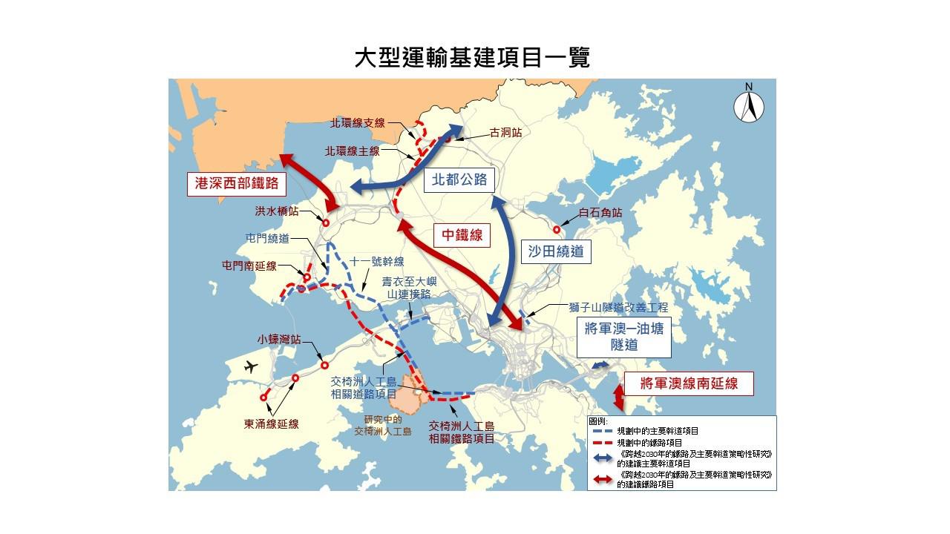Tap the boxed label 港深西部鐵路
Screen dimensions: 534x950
click(232, 185)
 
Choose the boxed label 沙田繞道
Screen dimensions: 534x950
click(557, 251)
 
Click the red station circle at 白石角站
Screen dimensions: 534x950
click(557, 230)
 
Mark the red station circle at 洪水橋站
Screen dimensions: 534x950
click(325, 222)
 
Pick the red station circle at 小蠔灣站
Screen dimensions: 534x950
click(324, 365)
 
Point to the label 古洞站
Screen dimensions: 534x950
click(505, 133)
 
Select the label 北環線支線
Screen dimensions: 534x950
click(358, 123)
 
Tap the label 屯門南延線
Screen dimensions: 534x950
click(249, 265)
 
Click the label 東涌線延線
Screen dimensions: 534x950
click(272, 424)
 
